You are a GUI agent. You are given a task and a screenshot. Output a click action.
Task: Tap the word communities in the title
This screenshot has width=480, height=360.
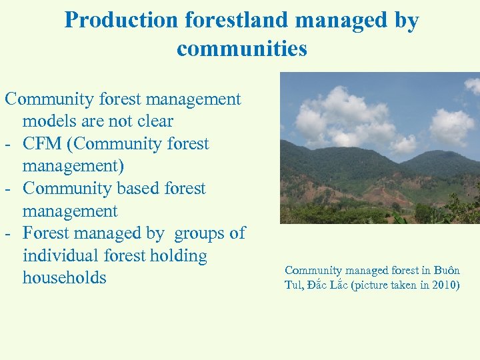242,49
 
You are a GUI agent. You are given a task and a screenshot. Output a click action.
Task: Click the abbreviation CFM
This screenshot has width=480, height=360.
45,144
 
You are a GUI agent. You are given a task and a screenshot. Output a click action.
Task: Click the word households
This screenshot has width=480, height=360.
64,278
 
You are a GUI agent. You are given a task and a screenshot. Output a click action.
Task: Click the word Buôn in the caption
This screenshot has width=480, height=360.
446,270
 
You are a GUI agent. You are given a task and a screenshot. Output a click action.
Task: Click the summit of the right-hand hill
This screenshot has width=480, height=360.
443,153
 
